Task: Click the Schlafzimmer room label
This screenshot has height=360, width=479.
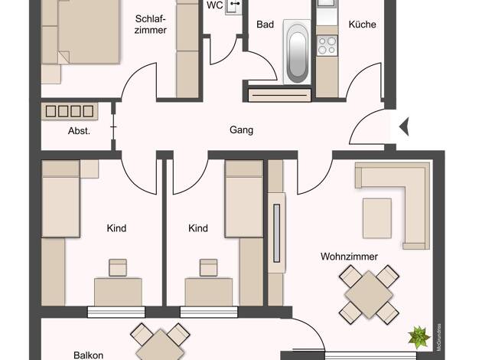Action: pos(151,25)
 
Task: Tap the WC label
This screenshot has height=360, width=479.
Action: pos(214,5)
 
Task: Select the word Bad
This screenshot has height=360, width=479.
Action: pos(265,25)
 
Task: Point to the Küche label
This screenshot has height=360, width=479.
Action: pos(362,25)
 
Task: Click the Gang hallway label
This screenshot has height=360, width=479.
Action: pos(241,130)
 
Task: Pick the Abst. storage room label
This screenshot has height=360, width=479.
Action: pos(79,131)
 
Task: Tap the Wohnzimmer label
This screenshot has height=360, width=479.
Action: pos(349,257)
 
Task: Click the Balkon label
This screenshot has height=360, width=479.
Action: pos(88,355)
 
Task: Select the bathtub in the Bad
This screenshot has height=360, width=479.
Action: pos(297,52)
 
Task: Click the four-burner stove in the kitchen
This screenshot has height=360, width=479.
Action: pos(327,45)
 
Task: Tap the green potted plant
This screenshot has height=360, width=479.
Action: pos(419,337)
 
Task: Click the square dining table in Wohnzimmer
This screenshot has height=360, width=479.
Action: pos(369,294)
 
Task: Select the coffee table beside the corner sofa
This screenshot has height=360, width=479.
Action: pos(377,218)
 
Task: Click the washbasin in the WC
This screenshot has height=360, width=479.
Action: pos(233,7)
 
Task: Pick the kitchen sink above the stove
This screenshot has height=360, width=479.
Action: pos(327,4)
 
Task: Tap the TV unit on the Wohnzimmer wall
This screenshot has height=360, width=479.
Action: pos(277,233)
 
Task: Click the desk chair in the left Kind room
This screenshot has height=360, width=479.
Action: pos(118,267)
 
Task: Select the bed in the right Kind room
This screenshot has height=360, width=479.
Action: pos(244,199)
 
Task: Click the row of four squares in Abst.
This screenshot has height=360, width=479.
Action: pos(70,111)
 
